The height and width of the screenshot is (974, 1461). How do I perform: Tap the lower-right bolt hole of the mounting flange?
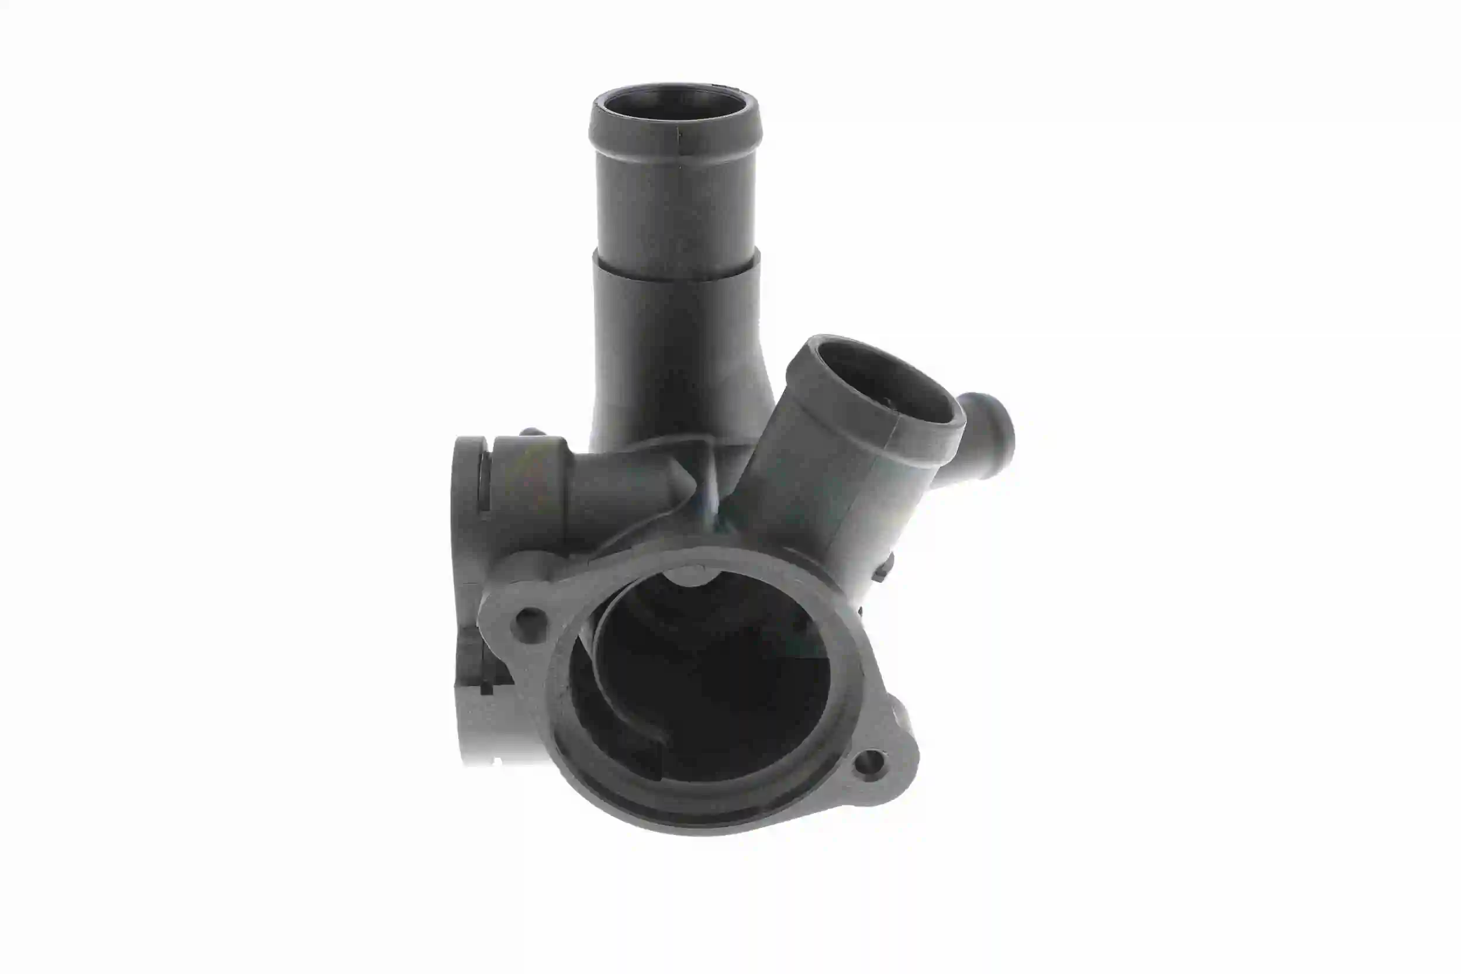869,762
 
